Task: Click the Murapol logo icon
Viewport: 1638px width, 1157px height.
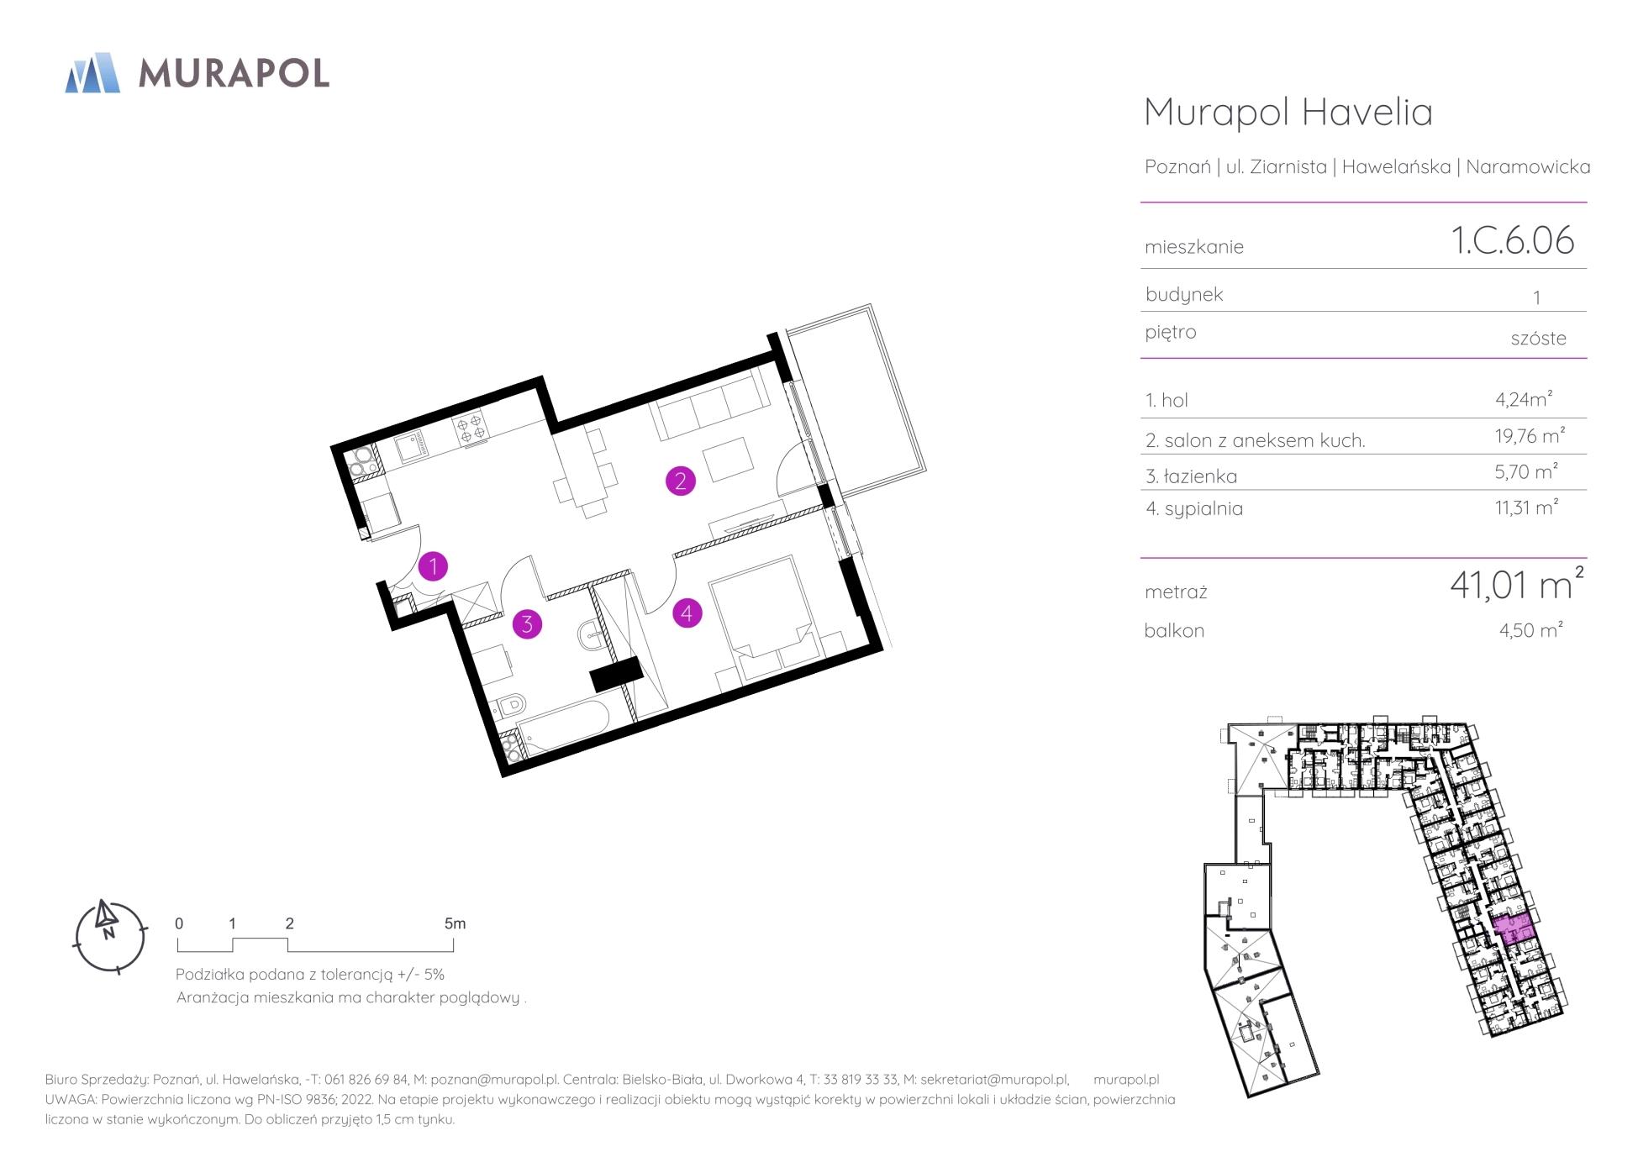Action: click(92, 72)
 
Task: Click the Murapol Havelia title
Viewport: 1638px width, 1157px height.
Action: click(1288, 113)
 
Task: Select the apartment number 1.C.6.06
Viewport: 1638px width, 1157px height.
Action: click(1513, 240)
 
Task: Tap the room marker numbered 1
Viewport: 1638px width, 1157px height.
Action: click(433, 567)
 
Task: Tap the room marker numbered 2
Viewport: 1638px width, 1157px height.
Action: click(680, 481)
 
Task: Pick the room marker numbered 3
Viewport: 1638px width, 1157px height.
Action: click(527, 624)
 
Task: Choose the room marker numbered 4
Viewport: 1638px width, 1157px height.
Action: click(687, 613)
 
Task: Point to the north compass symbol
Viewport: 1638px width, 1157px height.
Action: click(109, 936)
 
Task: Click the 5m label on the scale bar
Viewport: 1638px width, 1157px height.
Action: click(455, 923)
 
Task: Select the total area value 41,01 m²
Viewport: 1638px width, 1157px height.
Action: click(1517, 584)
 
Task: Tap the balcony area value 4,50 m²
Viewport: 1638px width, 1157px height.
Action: click(1530, 629)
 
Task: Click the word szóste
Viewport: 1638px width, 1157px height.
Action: click(1538, 338)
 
